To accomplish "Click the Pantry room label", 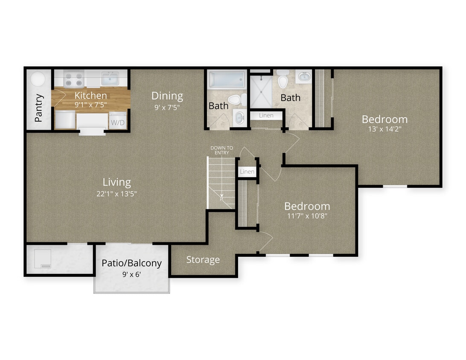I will tap(39, 108).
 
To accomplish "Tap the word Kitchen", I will tap(90, 96).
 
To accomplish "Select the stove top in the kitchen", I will tap(73, 79).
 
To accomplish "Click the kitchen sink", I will tap(110, 78).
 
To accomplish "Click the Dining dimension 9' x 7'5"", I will tap(167, 107).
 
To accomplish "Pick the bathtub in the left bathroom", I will tap(227, 80).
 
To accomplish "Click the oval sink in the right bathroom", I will tap(303, 77).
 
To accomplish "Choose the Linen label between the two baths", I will tap(266, 116).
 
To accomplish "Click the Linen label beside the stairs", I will tap(247, 172).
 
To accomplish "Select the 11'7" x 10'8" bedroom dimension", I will tap(307, 216).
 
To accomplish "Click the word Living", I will tap(116, 182).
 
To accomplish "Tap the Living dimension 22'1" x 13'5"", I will tap(116, 194).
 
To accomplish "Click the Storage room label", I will tap(203, 260).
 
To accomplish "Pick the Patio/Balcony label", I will tap(131, 263).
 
